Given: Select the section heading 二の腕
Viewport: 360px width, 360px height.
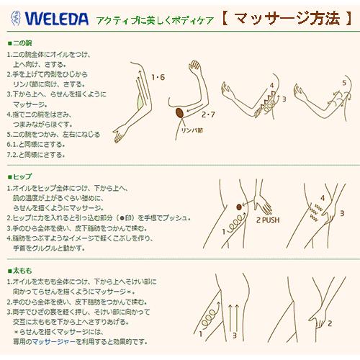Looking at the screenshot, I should point(19,43).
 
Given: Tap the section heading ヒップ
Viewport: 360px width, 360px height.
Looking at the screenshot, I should point(19,176).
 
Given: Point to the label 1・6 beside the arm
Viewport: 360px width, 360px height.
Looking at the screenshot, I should point(158,76).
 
